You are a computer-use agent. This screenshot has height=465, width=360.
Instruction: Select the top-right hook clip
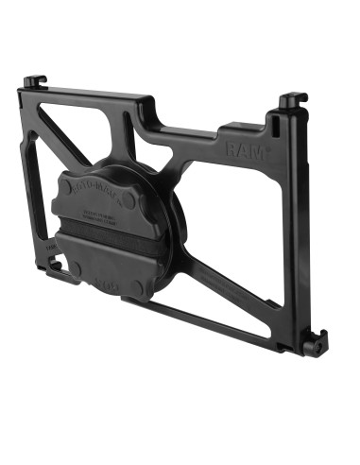point(291,98)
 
